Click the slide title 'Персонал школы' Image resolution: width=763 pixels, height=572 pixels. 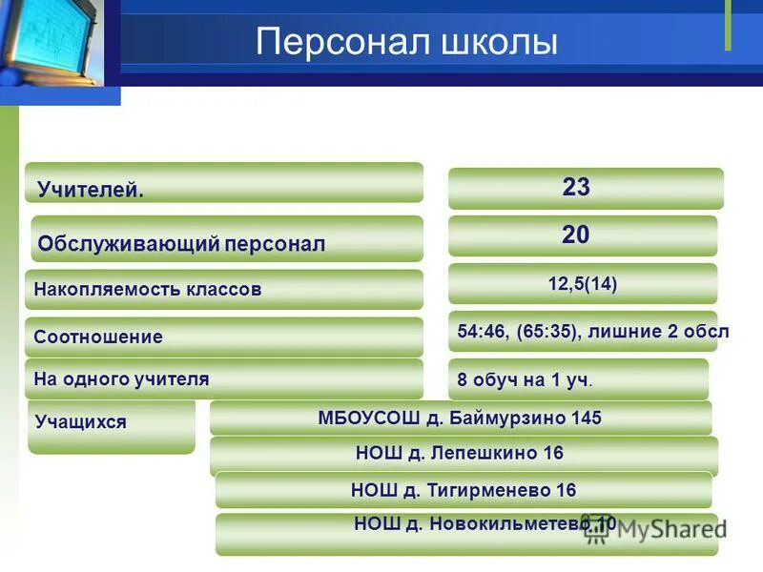[406, 43]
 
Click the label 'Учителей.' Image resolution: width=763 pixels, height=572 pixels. [91, 190]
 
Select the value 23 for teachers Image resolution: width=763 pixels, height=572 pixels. [576, 188]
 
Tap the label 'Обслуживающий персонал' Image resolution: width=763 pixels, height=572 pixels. [181, 244]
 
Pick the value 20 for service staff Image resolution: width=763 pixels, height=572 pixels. [576, 235]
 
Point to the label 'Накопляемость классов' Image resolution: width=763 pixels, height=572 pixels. [147, 289]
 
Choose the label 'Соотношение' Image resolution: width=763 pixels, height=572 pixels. [98, 337]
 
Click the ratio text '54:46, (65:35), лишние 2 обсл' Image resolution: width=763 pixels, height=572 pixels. [592, 332]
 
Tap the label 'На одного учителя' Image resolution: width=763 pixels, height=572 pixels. [121, 378]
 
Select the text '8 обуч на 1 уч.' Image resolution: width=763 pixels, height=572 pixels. [525, 379]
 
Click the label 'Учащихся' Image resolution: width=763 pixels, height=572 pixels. [80, 421]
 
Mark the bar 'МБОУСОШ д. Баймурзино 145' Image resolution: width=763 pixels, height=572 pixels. [460, 418]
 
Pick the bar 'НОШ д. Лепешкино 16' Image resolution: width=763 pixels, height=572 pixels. [460, 454]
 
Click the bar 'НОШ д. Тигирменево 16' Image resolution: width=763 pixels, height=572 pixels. [464, 490]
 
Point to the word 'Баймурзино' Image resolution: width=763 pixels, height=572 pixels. [512, 418]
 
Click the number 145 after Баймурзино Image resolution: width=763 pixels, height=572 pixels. [587, 418]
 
